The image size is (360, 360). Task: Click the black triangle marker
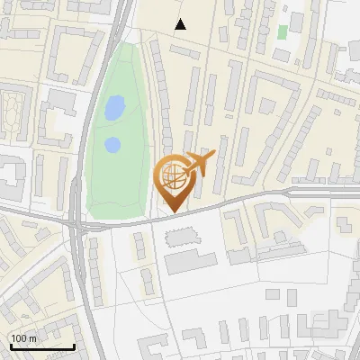click(181, 24)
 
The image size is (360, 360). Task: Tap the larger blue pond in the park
click(114, 109)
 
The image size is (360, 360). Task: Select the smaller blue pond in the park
click(112, 144)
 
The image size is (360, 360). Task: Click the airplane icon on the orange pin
click(199, 165)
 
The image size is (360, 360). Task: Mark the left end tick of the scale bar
click(10, 346)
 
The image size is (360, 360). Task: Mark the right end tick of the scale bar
click(74, 346)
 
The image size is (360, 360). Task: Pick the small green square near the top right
click(283, 31)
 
